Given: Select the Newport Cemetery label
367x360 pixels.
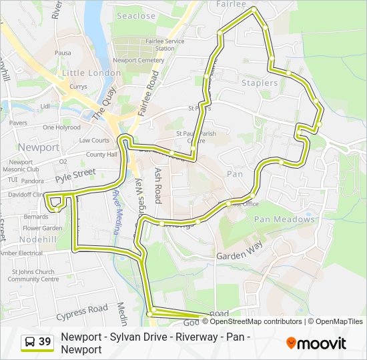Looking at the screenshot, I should (138, 60).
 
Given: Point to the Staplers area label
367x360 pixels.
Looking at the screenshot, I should (260, 83).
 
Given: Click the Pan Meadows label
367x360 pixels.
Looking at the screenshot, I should (284, 219).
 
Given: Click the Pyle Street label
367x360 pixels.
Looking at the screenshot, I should (76, 176).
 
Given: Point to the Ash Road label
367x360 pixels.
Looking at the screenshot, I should (159, 185).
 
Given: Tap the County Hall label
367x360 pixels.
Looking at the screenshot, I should (101, 155).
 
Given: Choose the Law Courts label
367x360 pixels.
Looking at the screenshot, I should (94, 141).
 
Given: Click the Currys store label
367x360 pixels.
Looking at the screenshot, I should (78, 87).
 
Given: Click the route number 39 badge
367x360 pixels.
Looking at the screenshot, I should (45, 342).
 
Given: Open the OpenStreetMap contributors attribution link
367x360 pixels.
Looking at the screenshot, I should (246, 321).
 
